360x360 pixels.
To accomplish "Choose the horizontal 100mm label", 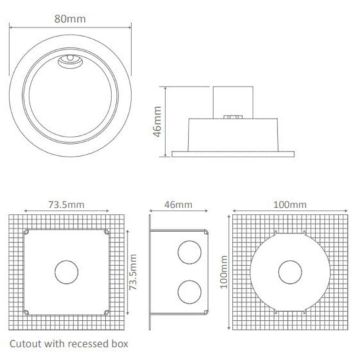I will tap(289, 204).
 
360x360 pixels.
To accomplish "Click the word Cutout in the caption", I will tap(26, 345).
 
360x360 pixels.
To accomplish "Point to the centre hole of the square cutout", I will tap(66, 273).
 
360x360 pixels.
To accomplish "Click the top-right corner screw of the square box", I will tap(107, 233).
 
